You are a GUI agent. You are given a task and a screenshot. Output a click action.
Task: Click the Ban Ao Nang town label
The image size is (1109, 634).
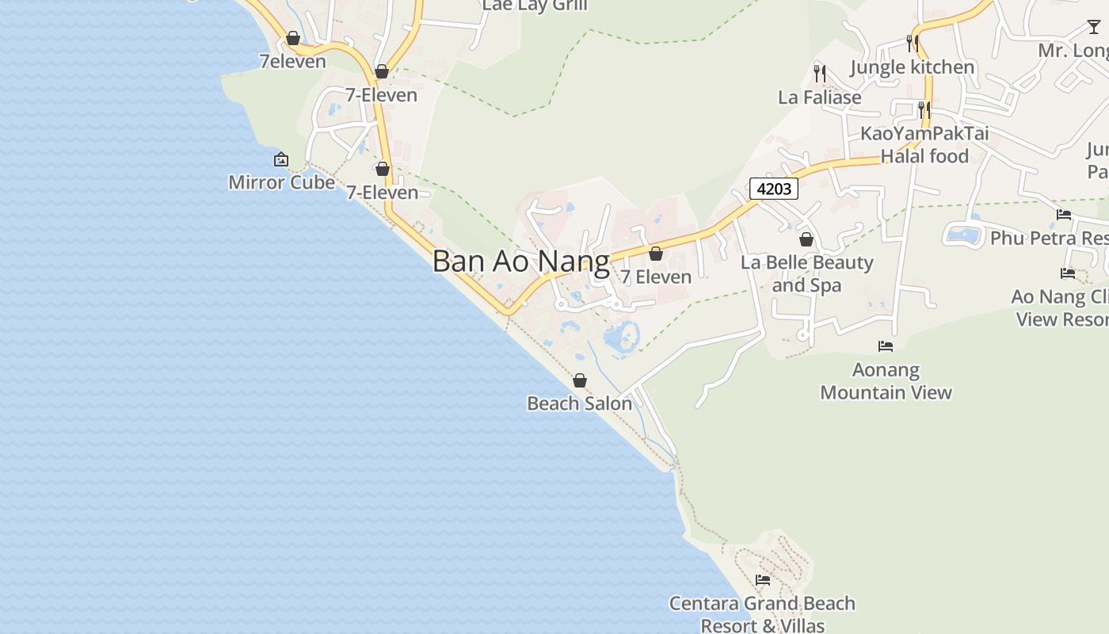click(x=520, y=262)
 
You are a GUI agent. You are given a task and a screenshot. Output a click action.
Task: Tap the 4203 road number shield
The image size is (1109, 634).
click(x=773, y=189)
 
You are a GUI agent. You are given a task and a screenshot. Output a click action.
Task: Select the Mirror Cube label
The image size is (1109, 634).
click(x=281, y=182)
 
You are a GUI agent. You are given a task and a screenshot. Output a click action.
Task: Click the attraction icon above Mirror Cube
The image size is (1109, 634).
click(x=280, y=160)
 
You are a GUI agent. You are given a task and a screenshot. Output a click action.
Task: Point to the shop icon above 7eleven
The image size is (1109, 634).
click(x=293, y=38)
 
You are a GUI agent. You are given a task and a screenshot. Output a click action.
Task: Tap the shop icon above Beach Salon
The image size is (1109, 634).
click(x=580, y=380)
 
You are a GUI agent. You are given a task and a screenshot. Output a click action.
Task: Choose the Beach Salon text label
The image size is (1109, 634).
click(x=580, y=403)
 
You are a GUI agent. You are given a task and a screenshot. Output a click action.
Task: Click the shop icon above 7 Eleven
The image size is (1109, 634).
click(x=656, y=254)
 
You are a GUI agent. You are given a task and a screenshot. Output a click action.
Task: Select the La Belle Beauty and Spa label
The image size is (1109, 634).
click(x=806, y=273)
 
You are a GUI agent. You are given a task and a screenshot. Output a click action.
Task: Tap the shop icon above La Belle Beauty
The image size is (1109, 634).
click(x=806, y=239)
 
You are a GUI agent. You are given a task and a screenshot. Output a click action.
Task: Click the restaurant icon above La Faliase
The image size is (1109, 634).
click(x=820, y=74)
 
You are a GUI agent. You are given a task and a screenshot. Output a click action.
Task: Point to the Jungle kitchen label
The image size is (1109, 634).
click(x=913, y=67)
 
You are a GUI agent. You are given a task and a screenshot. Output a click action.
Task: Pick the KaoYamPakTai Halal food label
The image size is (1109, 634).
click(x=924, y=144)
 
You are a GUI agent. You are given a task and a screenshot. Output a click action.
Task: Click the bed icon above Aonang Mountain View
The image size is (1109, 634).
click(x=886, y=346)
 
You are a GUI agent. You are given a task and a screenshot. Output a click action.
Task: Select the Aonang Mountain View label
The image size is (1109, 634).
click(x=886, y=381)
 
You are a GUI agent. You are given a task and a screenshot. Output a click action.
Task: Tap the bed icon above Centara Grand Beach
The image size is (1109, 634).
click(x=763, y=580)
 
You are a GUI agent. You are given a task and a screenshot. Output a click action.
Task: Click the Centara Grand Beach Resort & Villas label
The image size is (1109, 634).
click(x=762, y=614)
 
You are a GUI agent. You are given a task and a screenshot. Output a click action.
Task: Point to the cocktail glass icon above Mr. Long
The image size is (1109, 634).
click(x=1093, y=27)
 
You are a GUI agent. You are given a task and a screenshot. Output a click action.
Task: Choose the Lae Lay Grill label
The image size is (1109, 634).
click(x=535, y=6)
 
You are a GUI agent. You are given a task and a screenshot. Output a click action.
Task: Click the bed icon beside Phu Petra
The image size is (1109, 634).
click(x=1064, y=215)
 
